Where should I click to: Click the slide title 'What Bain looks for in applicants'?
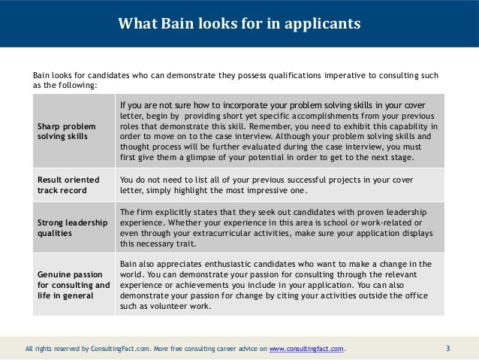coord(239,24)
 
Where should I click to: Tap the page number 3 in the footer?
coord(448,348)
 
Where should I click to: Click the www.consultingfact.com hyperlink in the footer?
coord(308,349)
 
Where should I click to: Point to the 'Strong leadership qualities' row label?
coord(73,228)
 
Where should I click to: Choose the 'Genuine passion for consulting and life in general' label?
coord(74,285)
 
